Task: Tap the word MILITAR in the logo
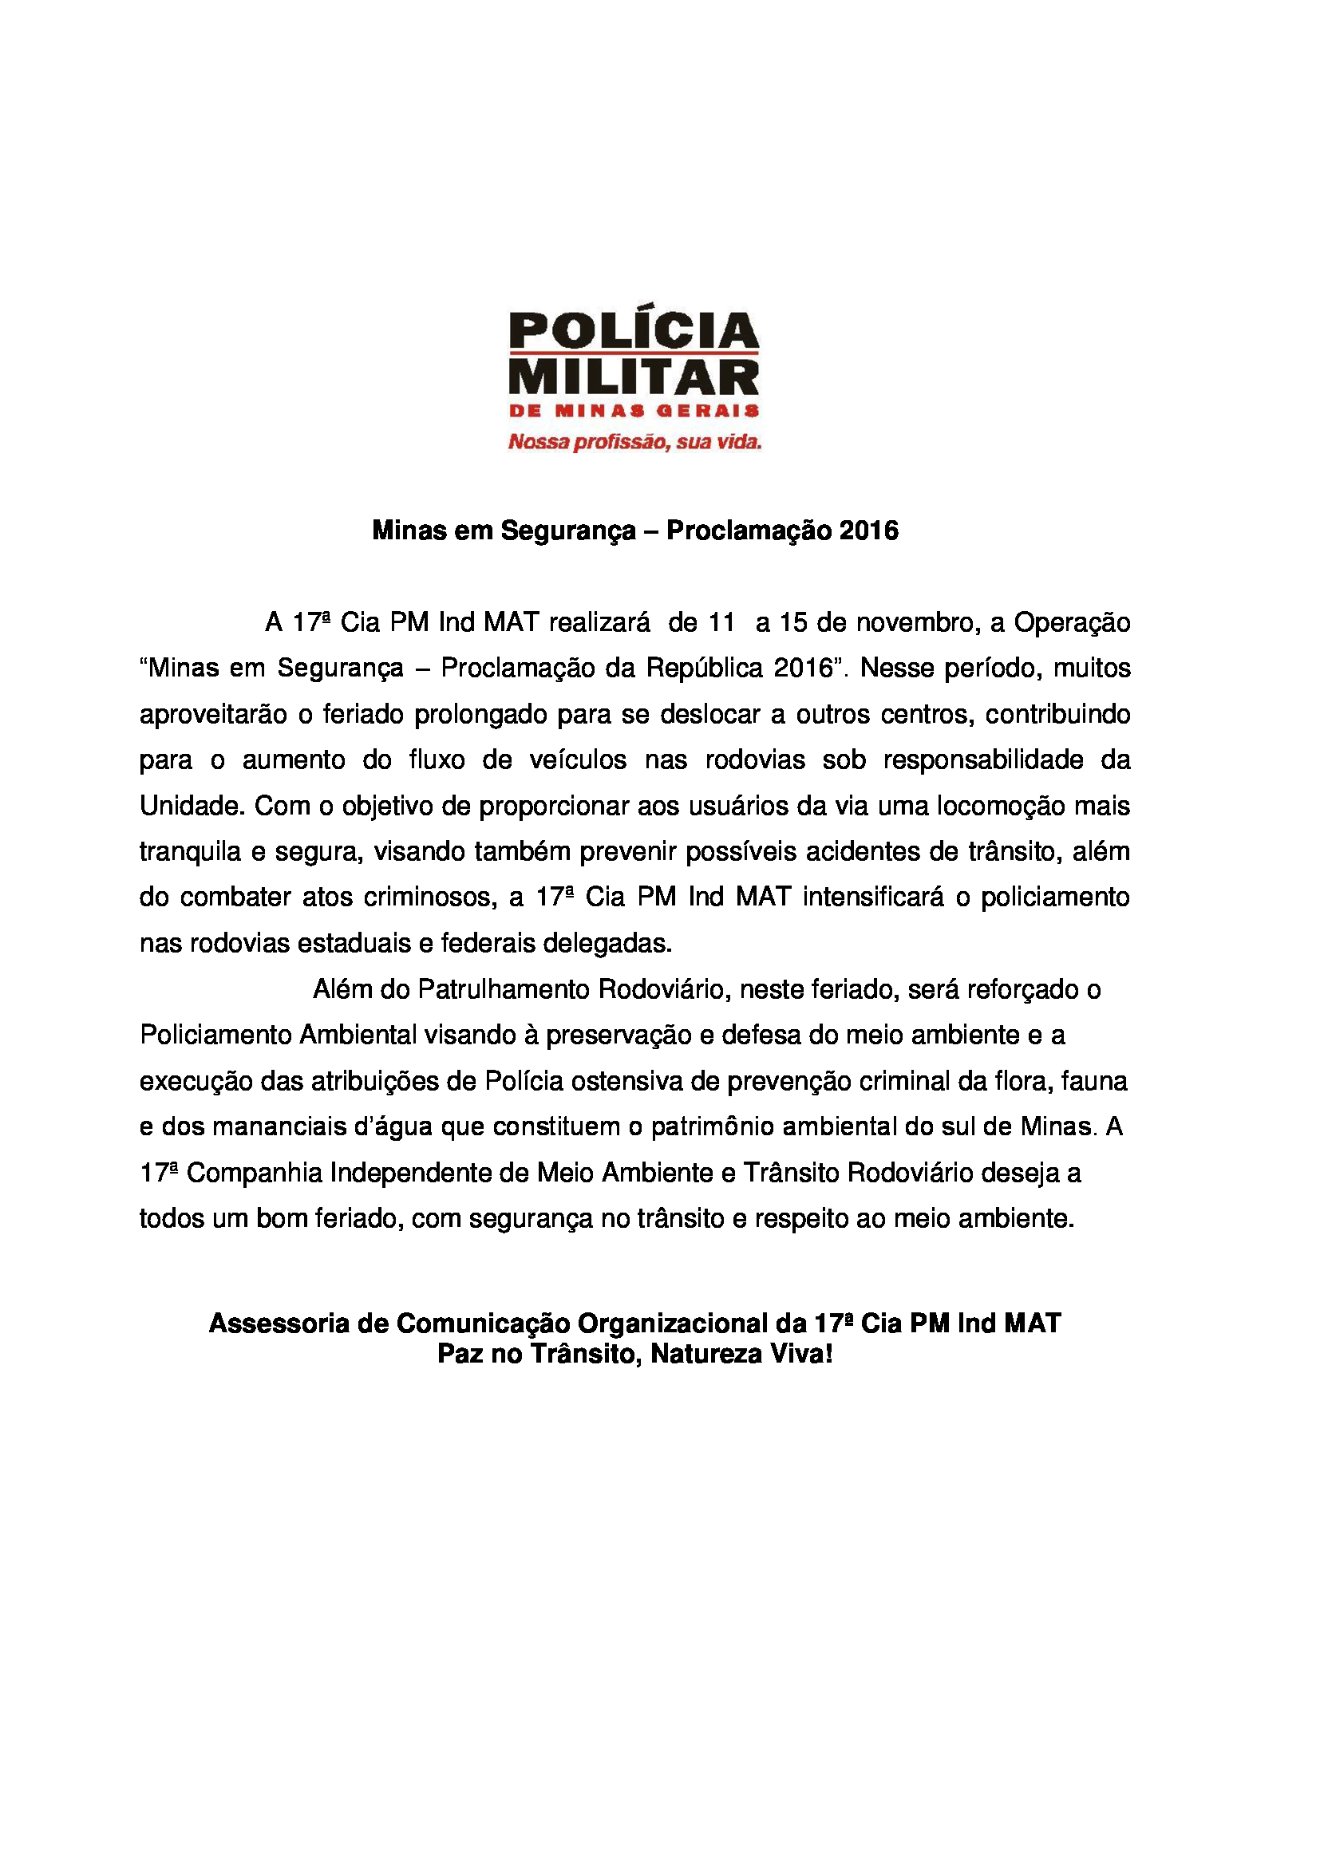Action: (633, 379)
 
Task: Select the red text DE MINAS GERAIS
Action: (633, 411)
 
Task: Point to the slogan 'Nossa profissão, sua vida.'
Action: (634, 443)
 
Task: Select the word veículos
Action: (578, 760)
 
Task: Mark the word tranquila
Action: (190, 852)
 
